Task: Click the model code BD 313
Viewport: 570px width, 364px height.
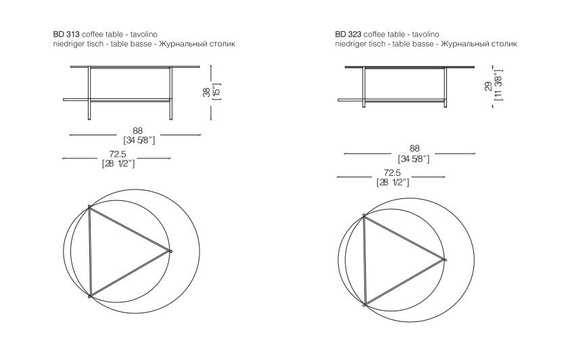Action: click(66, 35)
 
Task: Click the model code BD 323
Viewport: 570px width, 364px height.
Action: click(348, 35)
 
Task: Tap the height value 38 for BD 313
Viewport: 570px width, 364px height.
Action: click(206, 93)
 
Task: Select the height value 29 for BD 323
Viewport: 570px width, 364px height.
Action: click(488, 86)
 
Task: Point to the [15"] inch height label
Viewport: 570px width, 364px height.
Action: click(217, 92)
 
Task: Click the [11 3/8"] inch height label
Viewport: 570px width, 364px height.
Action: click(499, 85)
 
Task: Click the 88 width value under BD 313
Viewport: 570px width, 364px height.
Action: click(137, 131)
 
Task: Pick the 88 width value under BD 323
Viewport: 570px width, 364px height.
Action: click(414, 148)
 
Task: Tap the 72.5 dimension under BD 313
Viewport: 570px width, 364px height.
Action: click(118, 154)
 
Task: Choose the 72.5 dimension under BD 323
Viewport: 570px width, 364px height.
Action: click(392, 173)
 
